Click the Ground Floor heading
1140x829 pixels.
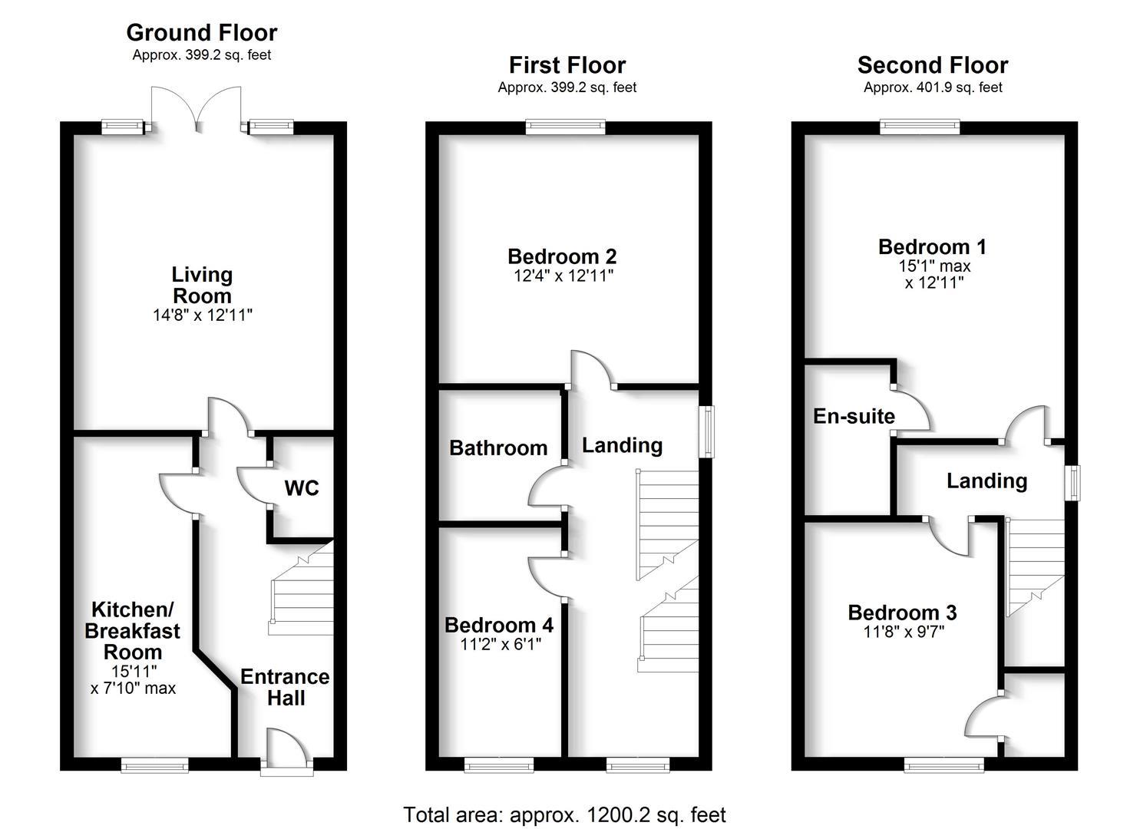201,33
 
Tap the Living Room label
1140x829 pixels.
202,285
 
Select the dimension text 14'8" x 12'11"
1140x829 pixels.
202,315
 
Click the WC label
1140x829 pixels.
301,489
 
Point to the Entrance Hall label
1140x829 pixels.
285,687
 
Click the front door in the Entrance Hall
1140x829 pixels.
286,748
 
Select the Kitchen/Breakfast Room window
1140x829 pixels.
154,764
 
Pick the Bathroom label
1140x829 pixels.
498,448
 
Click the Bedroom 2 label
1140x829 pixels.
562,256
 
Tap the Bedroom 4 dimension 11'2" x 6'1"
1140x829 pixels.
501,645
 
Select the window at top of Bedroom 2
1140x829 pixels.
566,127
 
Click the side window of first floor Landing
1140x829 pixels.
705,433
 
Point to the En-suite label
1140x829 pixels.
854,416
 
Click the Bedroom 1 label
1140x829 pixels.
932,247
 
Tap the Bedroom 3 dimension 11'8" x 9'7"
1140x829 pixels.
902,632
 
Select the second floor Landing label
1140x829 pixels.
986,481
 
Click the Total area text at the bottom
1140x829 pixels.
564,814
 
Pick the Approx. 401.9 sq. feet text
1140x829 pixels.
932,88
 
